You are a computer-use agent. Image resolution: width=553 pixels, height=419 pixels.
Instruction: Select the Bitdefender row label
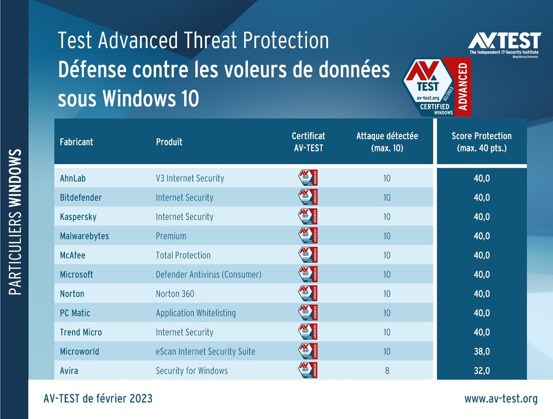[80, 198]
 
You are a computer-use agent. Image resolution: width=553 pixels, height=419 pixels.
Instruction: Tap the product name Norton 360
[175, 294]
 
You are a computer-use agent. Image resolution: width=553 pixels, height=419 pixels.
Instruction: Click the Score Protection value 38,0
[481, 351]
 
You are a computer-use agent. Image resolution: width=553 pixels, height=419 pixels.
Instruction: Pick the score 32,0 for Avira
[481, 371]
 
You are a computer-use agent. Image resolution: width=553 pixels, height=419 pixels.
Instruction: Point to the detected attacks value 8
[387, 371]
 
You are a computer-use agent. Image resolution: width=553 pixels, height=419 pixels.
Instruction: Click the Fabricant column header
[76, 142]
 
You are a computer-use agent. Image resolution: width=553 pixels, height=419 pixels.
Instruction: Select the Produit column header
[169, 142]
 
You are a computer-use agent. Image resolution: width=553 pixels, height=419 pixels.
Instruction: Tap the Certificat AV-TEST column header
[308, 142]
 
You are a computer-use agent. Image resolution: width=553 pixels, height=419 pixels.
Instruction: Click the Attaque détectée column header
[387, 142]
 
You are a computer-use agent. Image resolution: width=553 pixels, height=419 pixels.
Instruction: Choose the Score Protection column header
[481, 142]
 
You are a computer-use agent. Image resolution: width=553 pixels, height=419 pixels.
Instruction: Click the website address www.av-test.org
[500, 399]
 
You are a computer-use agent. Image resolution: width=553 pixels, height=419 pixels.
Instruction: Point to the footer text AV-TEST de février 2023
[98, 399]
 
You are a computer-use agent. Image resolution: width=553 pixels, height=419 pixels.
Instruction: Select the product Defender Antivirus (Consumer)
[208, 275]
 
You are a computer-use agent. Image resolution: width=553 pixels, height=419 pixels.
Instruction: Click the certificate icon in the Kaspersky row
[308, 217]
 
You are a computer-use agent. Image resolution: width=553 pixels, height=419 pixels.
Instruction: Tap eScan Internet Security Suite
[205, 351]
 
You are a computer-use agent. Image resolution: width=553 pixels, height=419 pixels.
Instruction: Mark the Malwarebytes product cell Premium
[171, 236]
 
